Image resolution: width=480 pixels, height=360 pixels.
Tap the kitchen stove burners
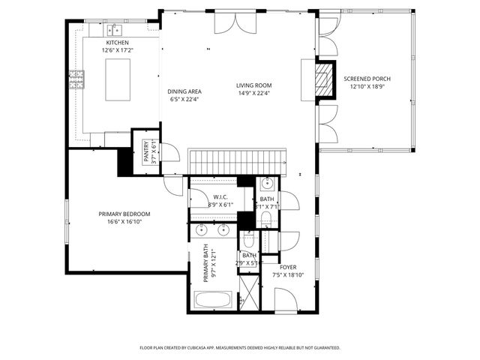click(76, 79)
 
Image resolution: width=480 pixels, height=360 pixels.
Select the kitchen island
click(118, 79)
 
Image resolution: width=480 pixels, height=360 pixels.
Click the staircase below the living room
click(237, 160)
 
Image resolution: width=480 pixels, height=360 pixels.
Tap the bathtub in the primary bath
click(214, 301)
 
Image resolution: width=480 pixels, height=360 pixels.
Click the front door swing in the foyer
click(285, 300)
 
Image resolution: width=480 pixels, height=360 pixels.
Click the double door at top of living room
click(229, 22)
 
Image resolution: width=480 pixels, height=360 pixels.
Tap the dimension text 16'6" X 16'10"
click(124, 222)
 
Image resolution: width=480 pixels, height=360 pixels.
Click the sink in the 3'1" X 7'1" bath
click(268, 184)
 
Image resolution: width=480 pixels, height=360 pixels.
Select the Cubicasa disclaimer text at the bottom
click(240, 348)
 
